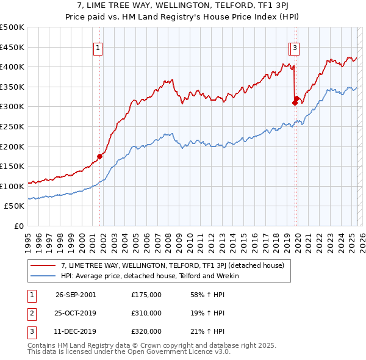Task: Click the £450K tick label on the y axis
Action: pos(12,47)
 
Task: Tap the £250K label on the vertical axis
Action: pos(12,126)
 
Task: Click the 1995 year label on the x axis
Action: pos(28,238)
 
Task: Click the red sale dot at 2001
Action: pos(99,157)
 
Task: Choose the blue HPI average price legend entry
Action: pos(149,276)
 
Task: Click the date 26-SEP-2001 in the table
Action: pos(76,295)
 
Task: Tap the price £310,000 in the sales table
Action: pos(146,313)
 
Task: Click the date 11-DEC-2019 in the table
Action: pos(76,331)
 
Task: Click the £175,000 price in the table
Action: pos(146,295)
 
